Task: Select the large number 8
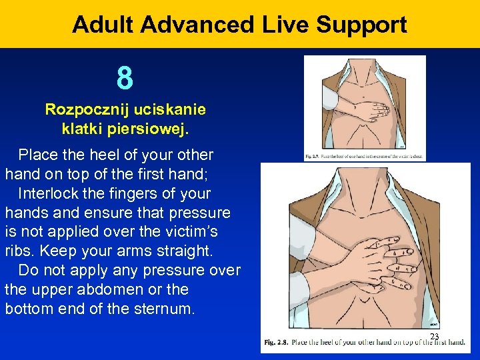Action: [x=125, y=77]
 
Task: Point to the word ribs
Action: [x=18, y=251]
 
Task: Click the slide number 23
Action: [x=435, y=337]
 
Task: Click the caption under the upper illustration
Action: [x=365, y=157]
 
